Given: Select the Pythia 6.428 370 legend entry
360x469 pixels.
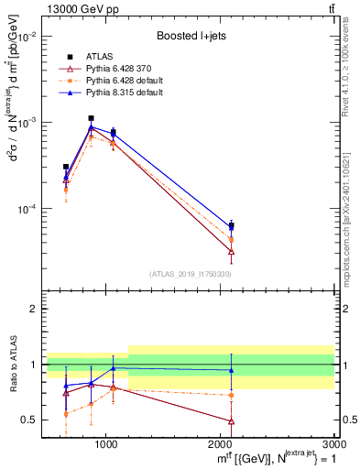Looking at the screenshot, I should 114,69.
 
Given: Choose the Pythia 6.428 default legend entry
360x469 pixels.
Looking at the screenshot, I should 117,81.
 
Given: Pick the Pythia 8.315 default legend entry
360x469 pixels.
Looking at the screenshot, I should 117,93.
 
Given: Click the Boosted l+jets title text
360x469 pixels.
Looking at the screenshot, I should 191,36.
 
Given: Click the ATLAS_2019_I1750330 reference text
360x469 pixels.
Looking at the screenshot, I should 191,274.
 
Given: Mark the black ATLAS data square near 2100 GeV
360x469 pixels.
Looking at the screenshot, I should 231,225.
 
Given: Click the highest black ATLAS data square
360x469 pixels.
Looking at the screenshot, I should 91,118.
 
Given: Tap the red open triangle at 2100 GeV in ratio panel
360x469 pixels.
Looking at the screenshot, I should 231,421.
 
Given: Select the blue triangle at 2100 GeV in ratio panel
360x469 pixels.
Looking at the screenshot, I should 231,370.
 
